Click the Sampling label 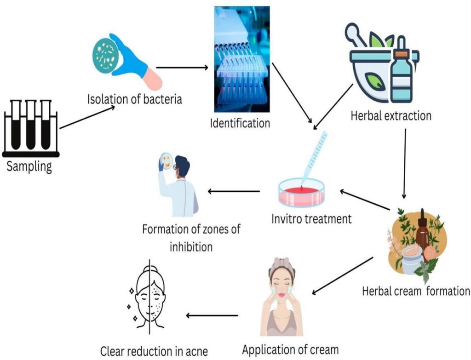coord(29,166)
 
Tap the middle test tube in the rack coord(30,124)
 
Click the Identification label coord(240,123)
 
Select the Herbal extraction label coord(391,115)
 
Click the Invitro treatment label coord(311,218)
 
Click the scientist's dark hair coord(183,163)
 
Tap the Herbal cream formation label coord(416,291)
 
